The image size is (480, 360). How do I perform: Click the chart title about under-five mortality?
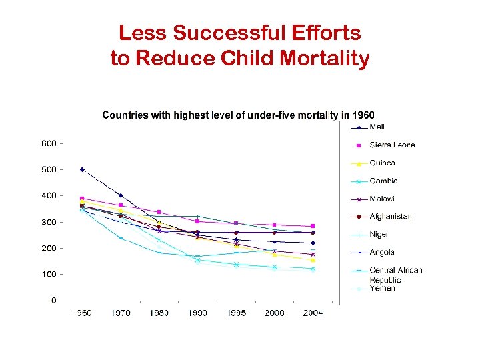tap(238, 115)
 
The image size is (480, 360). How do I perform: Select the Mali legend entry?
tap(377, 127)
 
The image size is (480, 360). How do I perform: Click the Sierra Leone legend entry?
tap(392, 145)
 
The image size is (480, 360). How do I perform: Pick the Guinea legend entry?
tap(382, 163)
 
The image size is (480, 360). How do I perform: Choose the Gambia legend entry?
tap(383, 181)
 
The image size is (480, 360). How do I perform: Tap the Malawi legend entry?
tap(382, 199)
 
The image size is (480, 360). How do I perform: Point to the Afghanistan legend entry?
tap(391, 216)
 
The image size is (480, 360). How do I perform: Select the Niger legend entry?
tap(379, 234)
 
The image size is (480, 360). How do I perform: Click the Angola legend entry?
tap(381, 252)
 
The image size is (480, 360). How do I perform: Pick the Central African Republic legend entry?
tap(395, 275)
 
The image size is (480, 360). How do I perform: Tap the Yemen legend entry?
tap(382, 289)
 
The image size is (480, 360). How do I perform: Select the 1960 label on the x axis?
tap(82, 313)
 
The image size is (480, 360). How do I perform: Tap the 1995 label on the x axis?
tap(236, 313)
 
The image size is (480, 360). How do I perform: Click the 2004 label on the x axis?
tap(313, 313)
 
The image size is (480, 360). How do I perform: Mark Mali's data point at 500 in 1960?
tap(82, 169)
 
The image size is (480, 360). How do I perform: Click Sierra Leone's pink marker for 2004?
tap(313, 226)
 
